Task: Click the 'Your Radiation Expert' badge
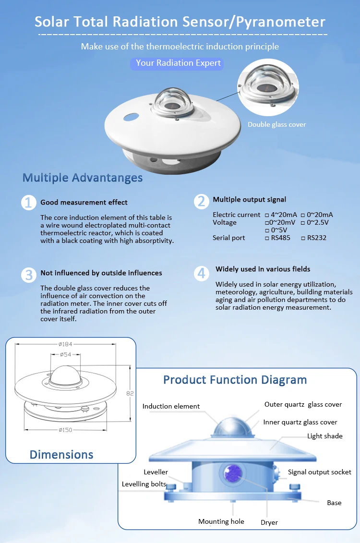pyautogui.click(x=178, y=63)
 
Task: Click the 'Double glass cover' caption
pyautogui.click(x=276, y=125)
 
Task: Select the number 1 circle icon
pyautogui.click(x=29, y=203)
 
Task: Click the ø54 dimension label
pyautogui.click(x=66, y=354)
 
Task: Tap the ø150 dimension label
pyautogui.click(x=65, y=430)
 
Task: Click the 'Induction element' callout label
pyautogui.click(x=171, y=406)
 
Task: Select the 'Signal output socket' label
pyautogui.click(x=319, y=472)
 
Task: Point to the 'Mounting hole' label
pyautogui.click(x=221, y=521)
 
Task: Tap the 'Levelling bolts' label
pyautogui.click(x=144, y=484)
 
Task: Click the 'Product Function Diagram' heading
pyautogui.click(x=235, y=380)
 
